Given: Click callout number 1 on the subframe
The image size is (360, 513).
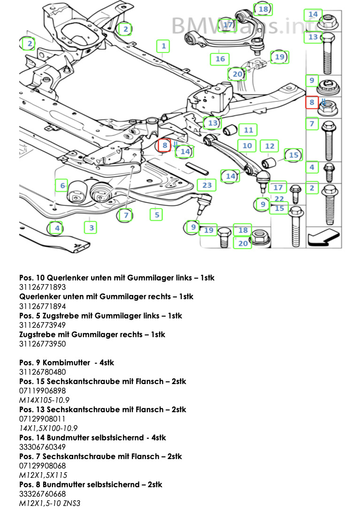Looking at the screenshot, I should click(163, 46).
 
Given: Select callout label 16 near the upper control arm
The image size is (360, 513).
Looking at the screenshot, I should click(220, 59).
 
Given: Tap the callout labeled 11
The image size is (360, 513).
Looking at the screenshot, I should click(248, 130).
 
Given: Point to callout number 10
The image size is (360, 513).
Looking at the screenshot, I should click(247, 146).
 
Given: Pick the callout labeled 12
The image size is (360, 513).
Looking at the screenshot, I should click(269, 146).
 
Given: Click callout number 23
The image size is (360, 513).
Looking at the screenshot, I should click(207, 185).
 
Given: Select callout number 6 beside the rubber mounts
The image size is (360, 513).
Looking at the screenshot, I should click(62, 186).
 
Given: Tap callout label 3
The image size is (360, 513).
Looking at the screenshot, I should click(91, 228).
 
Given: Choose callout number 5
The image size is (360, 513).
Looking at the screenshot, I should click(156, 215).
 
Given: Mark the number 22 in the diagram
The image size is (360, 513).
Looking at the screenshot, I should click(279, 199).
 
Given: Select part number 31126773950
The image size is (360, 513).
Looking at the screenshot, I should click(42, 344).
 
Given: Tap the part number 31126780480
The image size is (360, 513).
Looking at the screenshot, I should click(42, 372).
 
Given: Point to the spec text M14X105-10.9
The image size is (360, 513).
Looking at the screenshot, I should click(45, 400).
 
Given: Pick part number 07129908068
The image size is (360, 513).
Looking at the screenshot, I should click(42, 466).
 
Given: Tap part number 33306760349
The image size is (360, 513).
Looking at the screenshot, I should click(42, 447).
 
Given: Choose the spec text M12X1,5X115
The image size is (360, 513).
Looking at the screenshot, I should click(43, 475).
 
